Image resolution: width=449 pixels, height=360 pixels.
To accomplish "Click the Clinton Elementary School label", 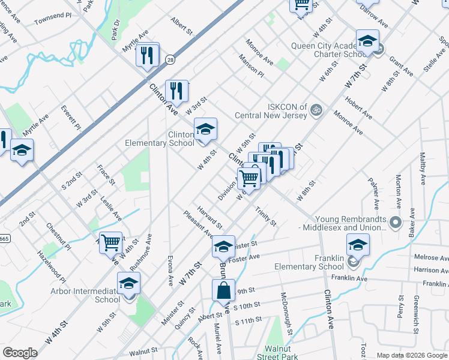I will (159, 139).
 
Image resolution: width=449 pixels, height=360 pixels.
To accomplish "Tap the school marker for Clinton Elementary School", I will (205, 130).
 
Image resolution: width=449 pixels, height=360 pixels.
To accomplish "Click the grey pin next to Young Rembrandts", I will (395, 223).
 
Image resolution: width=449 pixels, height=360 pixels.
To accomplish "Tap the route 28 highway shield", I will (170, 59).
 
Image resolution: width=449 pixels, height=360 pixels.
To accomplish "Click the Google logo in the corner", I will (20, 353).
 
